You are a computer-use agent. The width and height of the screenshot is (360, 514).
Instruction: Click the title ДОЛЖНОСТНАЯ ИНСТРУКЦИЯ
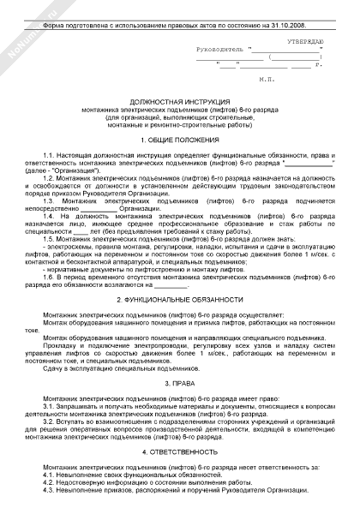[x=179, y=101]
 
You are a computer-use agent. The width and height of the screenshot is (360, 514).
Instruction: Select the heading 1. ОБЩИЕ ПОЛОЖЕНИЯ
[x=179, y=138]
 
